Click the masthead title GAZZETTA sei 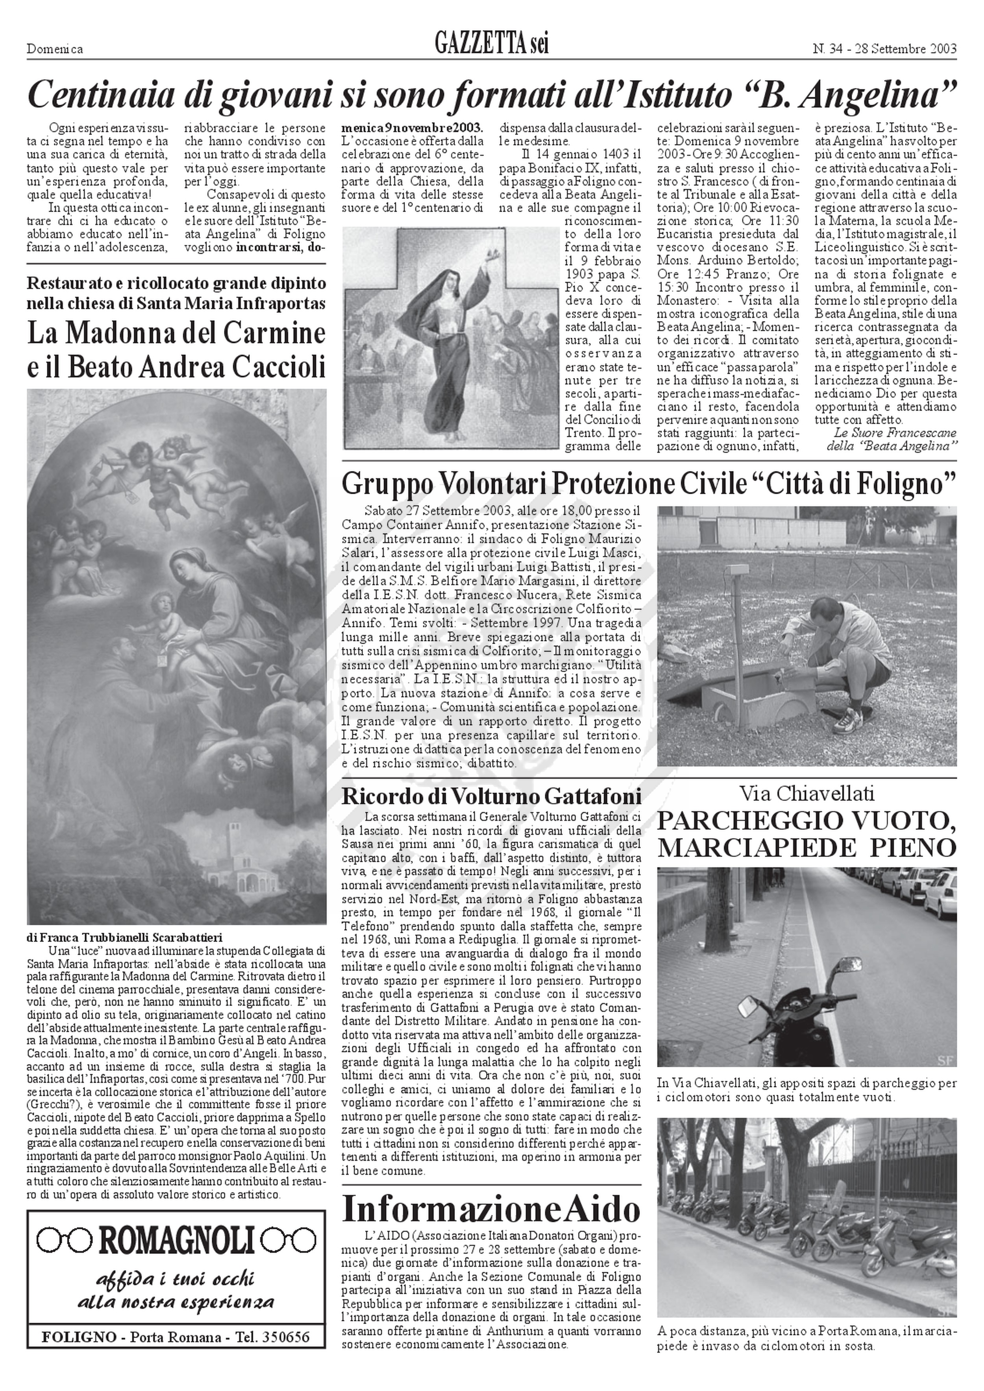tap(491, 44)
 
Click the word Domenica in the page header tap(55, 49)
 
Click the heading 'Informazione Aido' tap(491, 1209)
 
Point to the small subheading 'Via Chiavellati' tap(806, 793)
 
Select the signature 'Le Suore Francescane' tap(895, 432)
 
